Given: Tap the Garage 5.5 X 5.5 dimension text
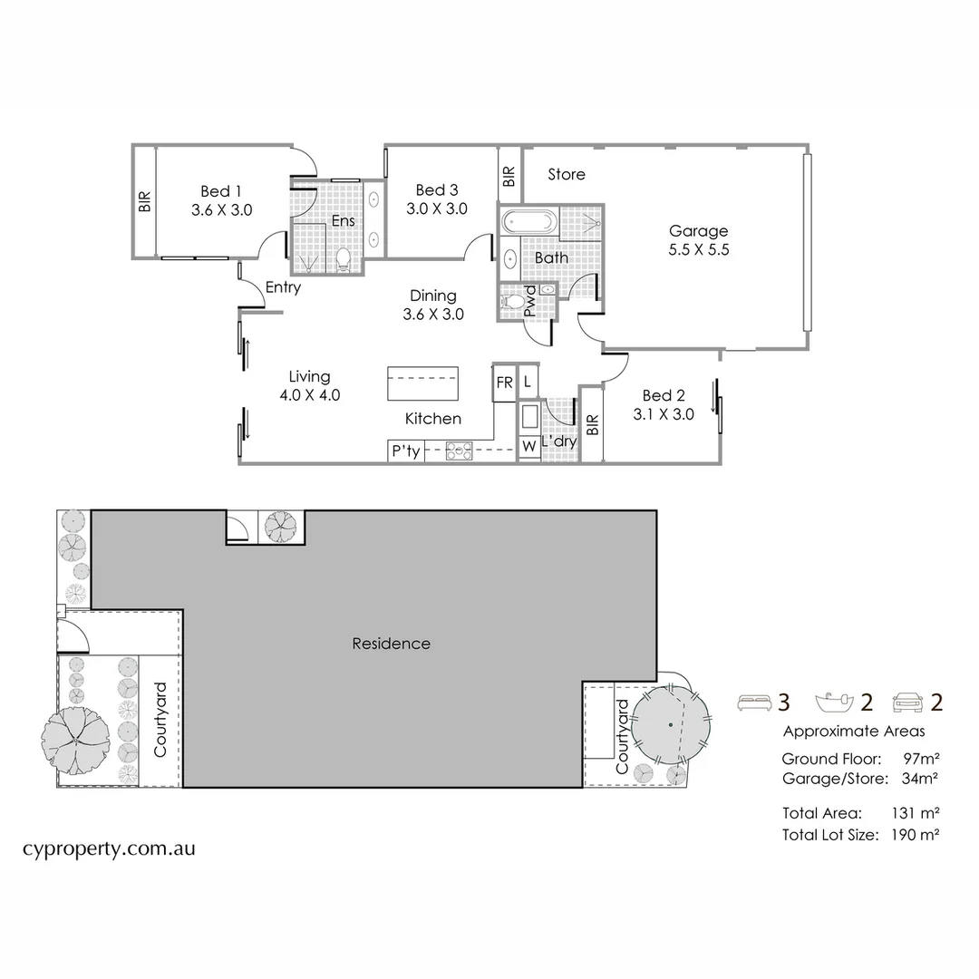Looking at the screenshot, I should [698, 251].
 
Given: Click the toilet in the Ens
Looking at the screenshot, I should [343, 260].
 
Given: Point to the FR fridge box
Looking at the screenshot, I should [504, 383].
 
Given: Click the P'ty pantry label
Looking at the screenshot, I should [405, 451].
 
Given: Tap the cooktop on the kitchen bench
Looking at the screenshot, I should [459, 449].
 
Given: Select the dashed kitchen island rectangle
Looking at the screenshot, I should [422, 383].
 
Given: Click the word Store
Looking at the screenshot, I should [567, 174].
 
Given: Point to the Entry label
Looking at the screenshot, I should [283, 288].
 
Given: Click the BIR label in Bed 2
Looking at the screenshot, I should [592, 426].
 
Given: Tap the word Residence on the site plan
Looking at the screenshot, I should [391, 644].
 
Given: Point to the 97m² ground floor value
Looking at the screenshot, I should [921, 758].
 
